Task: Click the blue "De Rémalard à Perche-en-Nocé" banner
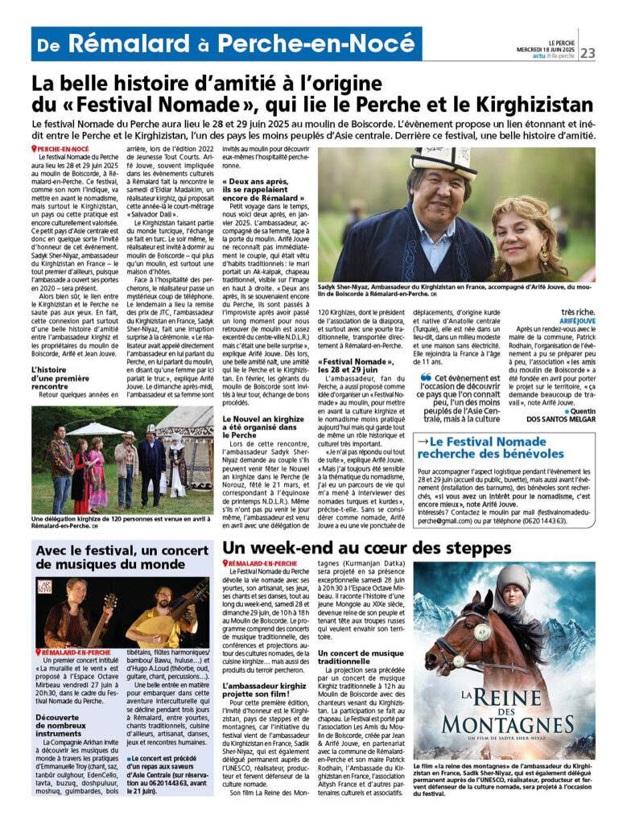coord(226,44)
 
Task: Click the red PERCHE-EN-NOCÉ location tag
coord(61,150)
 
